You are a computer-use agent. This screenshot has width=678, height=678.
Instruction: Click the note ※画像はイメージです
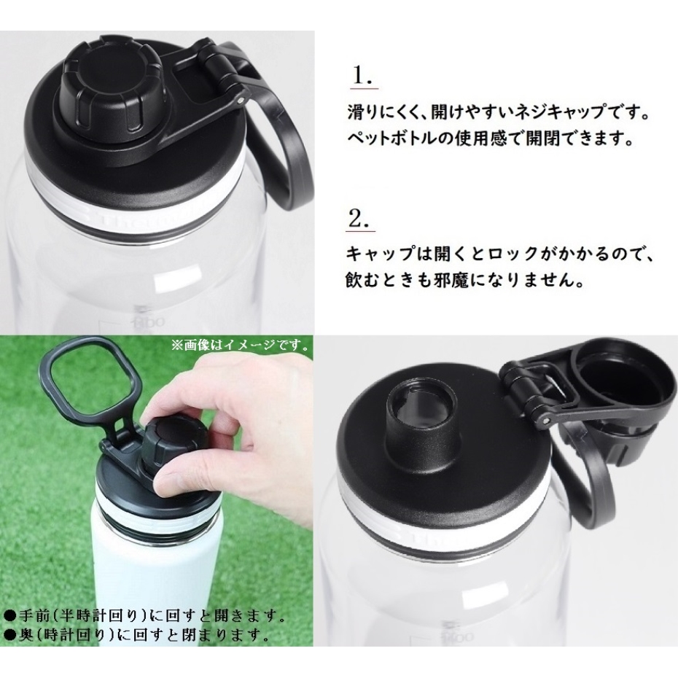click(241, 346)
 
